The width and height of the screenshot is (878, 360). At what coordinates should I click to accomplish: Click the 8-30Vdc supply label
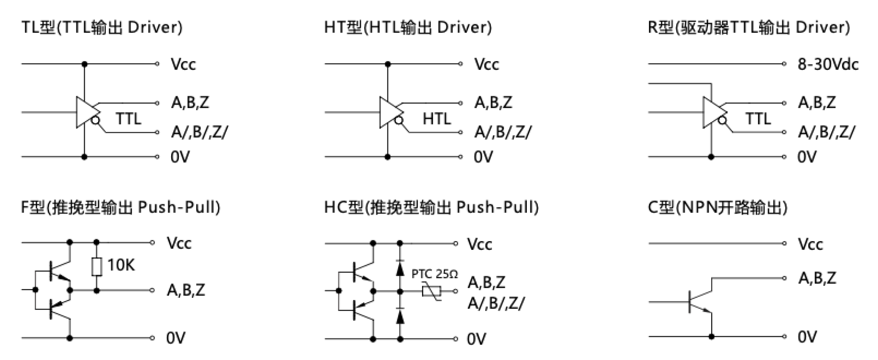[x=828, y=64]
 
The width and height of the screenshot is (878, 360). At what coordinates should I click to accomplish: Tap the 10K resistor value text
[x=121, y=265]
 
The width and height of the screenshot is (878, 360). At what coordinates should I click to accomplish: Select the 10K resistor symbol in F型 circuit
[x=97, y=266]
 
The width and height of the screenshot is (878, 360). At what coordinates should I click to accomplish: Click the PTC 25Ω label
[x=434, y=274]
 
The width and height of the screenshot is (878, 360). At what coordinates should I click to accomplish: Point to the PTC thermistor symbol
[x=432, y=291]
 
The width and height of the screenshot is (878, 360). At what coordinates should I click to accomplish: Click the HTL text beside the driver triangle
[x=437, y=119]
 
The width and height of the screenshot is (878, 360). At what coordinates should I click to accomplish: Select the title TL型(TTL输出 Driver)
[x=102, y=27]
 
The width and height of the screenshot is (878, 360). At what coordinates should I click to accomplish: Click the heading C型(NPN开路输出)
[x=717, y=207]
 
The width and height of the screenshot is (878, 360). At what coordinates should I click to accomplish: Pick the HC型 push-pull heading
[x=431, y=207]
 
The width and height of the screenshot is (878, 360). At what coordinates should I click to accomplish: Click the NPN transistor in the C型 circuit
[x=699, y=302]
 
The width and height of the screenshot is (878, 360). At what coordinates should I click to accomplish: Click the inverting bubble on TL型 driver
[x=95, y=120]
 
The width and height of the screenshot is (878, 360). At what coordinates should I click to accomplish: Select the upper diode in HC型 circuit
[x=400, y=269]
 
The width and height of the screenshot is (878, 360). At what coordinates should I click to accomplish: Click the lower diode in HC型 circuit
[x=400, y=317]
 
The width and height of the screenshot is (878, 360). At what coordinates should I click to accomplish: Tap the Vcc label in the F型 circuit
[x=179, y=243]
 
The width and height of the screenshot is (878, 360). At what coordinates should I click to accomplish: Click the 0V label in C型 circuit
[x=807, y=337]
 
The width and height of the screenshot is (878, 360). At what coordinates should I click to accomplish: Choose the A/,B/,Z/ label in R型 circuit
[x=826, y=132]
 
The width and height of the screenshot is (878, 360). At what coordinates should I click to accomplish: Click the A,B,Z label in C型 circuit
[x=817, y=278]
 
